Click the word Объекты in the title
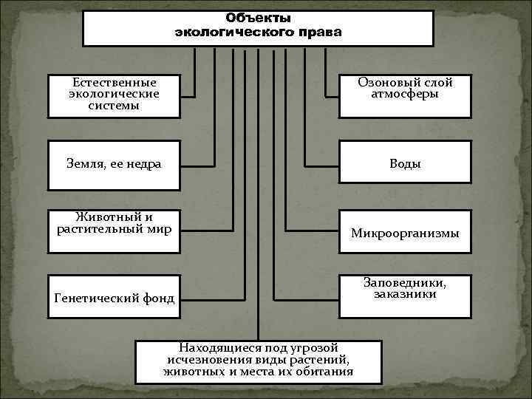[x=258, y=17]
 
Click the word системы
[x=114, y=105]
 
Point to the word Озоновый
[x=383, y=83]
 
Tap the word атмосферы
[x=405, y=95]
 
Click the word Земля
[x=86, y=164]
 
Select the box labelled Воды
[x=405, y=163]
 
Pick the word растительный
[x=99, y=228]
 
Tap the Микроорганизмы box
[x=405, y=233]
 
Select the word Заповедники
[x=405, y=282]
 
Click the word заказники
[x=405, y=294]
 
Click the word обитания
[x=321, y=371]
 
